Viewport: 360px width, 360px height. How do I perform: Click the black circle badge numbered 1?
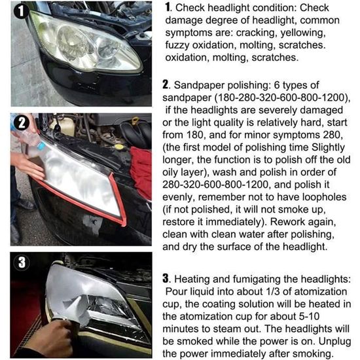pyautogui.click(x=22, y=11)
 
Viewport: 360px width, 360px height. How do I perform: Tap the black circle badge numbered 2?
pyautogui.click(x=22, y=123)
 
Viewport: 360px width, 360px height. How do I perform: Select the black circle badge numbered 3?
pyautogui.click(x=22, y=262)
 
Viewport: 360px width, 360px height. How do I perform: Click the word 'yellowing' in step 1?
pyautogui.click(x=303, y=33)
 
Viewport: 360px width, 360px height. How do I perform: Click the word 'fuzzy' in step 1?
pyautogui.click(x=177, y=45)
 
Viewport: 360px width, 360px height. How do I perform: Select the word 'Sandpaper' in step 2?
pyautogui.click(x=199, y=85)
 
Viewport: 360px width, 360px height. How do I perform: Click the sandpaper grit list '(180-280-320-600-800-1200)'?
pyautogui.click(x=282, y=98)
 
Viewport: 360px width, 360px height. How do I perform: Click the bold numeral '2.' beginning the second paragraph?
pyautogui.click(x=166, y=84)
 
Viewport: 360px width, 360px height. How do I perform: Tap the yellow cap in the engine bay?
pyautogui.click(x=118, y=147)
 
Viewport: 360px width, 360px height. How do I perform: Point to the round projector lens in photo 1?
pyautogui.click(x=74, y=43)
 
